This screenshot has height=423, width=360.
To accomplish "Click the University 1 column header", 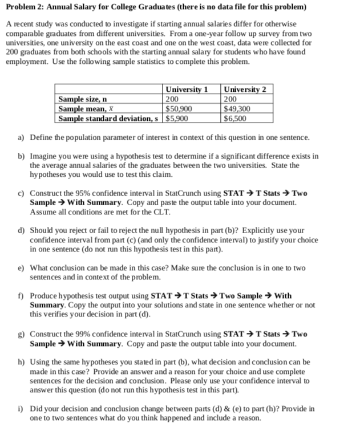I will [x=186, y=90].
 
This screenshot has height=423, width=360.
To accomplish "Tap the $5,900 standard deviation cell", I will [x=176, y=119].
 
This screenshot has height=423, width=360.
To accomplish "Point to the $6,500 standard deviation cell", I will [x=236, y=119].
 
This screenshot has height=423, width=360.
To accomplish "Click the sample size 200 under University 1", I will [x=172, y=99].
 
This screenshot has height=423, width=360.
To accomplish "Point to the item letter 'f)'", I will [x=21, y=296].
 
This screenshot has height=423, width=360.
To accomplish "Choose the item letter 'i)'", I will [x=21, y=408].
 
